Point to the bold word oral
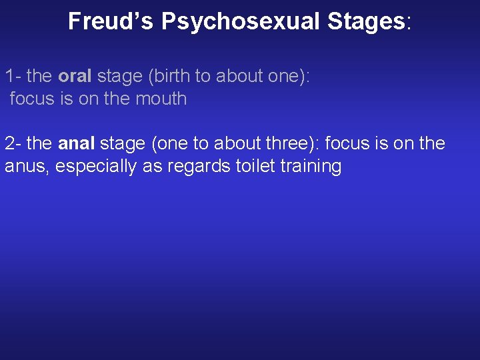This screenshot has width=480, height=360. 75,76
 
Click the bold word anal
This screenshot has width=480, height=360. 77,143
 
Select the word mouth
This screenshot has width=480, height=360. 161,99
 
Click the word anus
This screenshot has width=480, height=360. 25,166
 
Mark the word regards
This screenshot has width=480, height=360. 201,166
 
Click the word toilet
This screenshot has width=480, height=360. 256,166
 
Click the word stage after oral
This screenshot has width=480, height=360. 119,76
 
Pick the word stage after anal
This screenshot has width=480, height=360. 122,143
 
